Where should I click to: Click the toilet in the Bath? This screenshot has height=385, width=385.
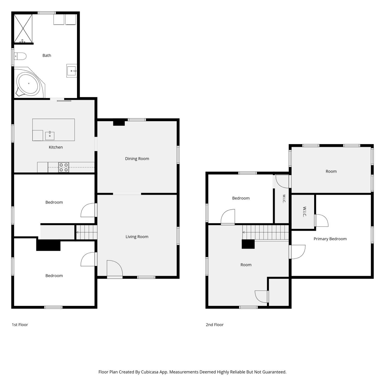20,56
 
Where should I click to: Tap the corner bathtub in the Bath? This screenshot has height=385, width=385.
29,83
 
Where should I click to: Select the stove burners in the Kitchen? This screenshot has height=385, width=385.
64,167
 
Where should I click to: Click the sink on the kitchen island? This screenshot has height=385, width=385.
50,136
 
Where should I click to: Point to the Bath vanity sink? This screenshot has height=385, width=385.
72,71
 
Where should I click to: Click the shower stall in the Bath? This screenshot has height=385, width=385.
23,28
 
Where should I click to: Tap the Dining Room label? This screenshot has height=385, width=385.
137,159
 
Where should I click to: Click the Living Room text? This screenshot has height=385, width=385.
137,237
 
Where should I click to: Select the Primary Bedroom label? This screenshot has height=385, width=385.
330,239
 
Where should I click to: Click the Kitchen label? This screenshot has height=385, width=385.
56,147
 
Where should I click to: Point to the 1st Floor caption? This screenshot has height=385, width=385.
20,325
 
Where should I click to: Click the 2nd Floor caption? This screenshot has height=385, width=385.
215,325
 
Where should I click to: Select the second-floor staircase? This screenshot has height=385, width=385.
266,233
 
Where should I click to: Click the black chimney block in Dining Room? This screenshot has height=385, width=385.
119,123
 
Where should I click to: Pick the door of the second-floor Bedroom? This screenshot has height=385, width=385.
228,217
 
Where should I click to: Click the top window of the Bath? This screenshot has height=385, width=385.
47,13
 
